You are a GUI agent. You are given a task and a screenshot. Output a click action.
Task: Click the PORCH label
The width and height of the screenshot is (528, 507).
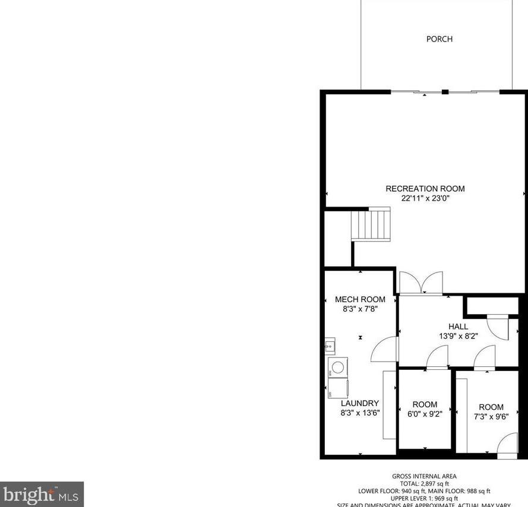point(440,39)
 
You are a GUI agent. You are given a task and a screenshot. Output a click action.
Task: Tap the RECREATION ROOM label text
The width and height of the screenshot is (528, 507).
point(425,189)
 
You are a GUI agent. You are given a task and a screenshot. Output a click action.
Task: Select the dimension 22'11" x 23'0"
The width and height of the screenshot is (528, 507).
point(425,199)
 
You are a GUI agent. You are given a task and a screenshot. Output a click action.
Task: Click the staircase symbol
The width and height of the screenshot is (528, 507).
point(370,224)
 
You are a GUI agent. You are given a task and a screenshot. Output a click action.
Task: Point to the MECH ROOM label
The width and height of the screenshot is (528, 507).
point(360,299)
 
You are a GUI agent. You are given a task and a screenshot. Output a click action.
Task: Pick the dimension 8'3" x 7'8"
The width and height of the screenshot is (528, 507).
point(360,309)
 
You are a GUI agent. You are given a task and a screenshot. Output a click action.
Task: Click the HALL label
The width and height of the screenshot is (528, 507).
point(458,327)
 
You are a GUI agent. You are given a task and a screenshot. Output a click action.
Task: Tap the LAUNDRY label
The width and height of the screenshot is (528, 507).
point(360,403)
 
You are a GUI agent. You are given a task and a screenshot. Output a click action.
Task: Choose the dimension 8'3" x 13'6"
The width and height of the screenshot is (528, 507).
point(360,413)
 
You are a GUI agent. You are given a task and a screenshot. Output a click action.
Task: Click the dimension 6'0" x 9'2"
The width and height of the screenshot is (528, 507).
point(425,414)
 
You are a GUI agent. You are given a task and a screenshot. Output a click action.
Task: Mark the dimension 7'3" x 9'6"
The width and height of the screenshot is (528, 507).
point(491,417)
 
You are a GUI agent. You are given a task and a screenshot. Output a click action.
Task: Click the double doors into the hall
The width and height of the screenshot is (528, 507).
point(421,283)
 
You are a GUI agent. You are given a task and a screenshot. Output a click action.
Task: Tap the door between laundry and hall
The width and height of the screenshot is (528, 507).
point(384,349)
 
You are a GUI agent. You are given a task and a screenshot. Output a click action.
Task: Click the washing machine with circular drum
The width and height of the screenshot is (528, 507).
point(337,366)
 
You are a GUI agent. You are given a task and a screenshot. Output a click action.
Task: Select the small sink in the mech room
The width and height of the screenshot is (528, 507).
point(330,345)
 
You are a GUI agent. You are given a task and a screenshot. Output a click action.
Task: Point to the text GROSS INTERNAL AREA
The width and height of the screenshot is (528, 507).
point(424,476)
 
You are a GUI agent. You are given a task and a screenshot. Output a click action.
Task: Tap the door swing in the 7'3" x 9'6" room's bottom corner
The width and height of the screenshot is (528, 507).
point(508,446)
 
